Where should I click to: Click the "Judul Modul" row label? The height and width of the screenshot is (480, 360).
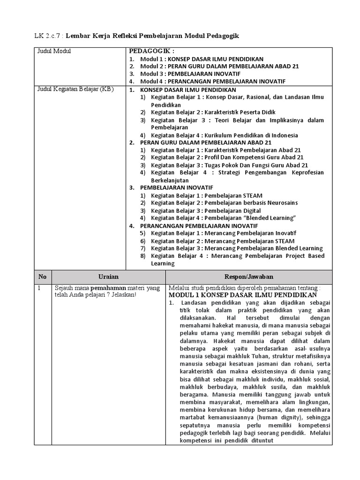click(x=54, y=51)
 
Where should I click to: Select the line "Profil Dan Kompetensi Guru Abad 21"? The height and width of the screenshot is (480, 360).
click(x=227, y=157)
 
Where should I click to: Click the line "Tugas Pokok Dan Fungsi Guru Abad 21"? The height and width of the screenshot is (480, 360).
click(x=229, y=165)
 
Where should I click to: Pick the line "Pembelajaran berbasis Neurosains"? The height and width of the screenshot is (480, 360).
click(x=224, y=202)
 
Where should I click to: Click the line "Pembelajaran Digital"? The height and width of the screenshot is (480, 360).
click(x=206, y=210)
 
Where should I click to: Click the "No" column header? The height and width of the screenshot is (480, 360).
click(x=43, y=277)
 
